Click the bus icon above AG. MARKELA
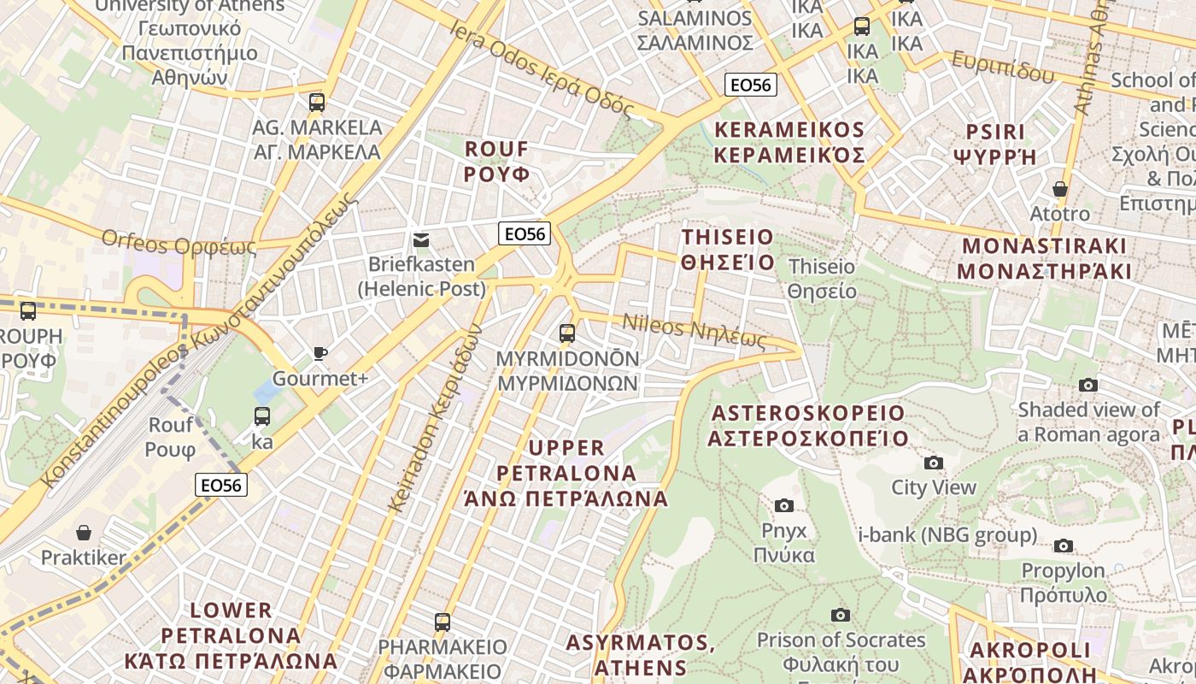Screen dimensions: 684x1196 [x=317, y=103]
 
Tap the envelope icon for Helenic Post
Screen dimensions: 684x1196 [x=421, y=240]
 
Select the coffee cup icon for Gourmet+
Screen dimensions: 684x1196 [x=320, y=353]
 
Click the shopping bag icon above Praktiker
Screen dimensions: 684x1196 [x=84, y=534]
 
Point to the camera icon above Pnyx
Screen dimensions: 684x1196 [x=784, y=506]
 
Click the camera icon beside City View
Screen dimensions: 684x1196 [x=934, y=463]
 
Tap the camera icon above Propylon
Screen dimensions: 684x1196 [x=1064, y=545]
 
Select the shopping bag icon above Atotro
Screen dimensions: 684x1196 [x=1060, y=189]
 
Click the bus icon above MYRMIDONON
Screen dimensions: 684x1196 [x=567, y=333]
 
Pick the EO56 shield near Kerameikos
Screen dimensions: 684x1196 [x=750, y=85]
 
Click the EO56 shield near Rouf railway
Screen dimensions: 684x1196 [x=221, y=485]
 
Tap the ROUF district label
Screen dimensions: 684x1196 [x=496, y=161]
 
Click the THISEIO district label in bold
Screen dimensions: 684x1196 [x=728, y=249]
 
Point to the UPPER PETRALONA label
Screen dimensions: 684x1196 [x=566, y=473]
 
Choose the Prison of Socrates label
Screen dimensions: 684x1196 [x=841, y=640]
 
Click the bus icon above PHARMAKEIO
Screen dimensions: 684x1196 [x=442, y=622]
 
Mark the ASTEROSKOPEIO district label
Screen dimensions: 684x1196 [x=807, y=426]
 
